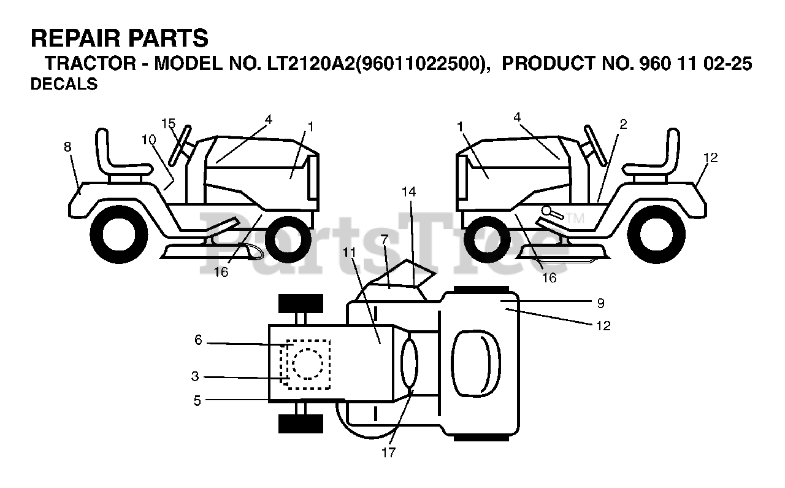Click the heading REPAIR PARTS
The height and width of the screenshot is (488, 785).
[120, 39]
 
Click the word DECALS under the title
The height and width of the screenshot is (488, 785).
[64, 85]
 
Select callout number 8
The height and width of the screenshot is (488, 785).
[67, 147]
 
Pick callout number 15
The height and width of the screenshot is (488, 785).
[169, 123]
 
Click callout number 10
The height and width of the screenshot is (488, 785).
[148, 139]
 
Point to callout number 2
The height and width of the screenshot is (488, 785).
[623, 124]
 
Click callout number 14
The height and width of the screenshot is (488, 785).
[408, 192]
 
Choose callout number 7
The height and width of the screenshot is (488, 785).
[384, 239]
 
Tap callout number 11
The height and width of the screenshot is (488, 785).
[350, 252]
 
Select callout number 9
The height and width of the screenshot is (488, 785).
[600, 303]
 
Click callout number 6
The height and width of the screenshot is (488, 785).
[198, 339]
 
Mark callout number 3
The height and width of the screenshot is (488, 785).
[195, 376]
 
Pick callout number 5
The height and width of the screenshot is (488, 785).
[197, 400]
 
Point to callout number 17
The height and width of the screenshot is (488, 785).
[388, 453]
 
